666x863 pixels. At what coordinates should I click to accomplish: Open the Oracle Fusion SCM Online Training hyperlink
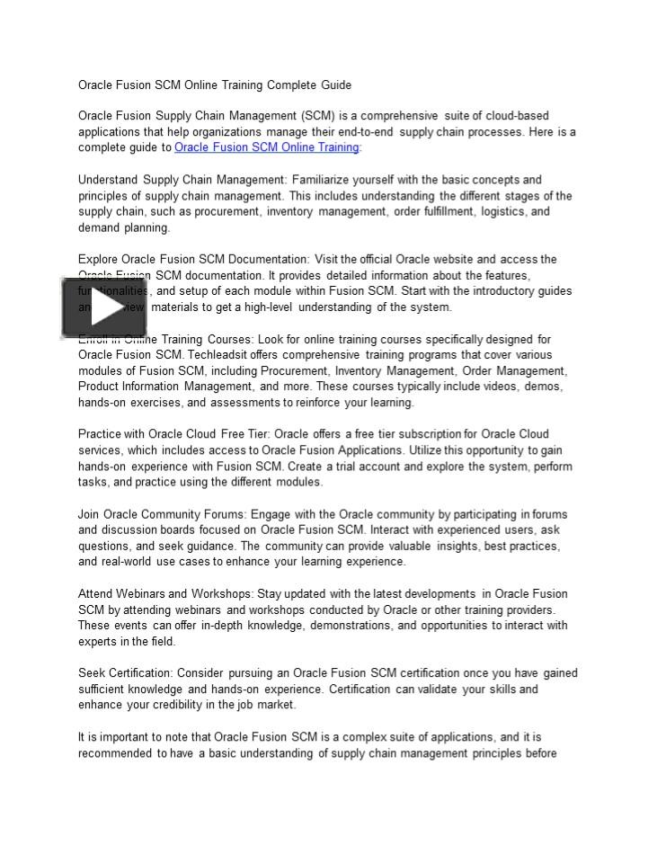(x=266, y=147)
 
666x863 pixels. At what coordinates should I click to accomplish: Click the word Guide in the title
(x=335, y=85)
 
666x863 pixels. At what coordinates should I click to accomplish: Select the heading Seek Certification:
(x=125, y=673)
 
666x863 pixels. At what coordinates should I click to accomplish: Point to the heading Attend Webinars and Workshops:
(x=166, y=594)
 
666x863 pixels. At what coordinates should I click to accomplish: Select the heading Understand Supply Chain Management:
(x=183, y=180)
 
